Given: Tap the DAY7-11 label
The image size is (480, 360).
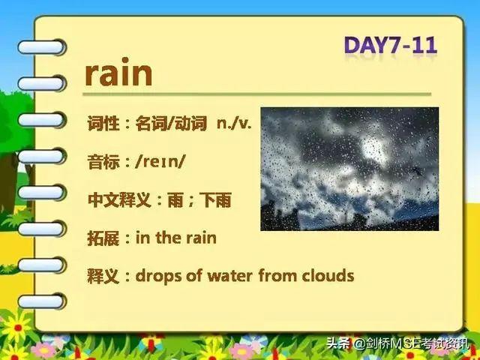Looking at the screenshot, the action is click(x=391, y=46).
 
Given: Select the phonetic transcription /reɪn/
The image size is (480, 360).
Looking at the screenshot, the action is click(x=160, y=162).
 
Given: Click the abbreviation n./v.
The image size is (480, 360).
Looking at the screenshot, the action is click(x=234, y=123).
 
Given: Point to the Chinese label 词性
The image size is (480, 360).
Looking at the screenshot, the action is click(x=103, y=123).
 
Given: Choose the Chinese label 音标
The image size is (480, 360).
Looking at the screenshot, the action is click(x=103, y=162).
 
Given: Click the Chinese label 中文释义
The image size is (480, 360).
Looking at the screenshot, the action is click(x=119, y=200).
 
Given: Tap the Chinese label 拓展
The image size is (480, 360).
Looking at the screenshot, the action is click(x=103, y=238).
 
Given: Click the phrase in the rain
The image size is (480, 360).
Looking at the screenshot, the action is click(x=176, y=238).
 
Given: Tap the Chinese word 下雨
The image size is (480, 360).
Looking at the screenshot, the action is click(x=215, y=200).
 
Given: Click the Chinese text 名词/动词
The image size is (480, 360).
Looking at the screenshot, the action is click(x=171, y=123).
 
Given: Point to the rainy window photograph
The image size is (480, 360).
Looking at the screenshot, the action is click(x=349, y=169).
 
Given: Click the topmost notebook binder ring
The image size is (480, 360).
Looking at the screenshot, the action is click(x=42, y=47).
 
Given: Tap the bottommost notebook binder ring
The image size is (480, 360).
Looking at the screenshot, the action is click(x=42, y=301).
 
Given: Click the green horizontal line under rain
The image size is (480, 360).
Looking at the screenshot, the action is click(x=256, y=94).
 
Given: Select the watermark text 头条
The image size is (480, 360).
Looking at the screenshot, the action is click(x=338, y=343).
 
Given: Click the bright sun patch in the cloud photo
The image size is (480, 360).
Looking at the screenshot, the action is click(x=374, y=149).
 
